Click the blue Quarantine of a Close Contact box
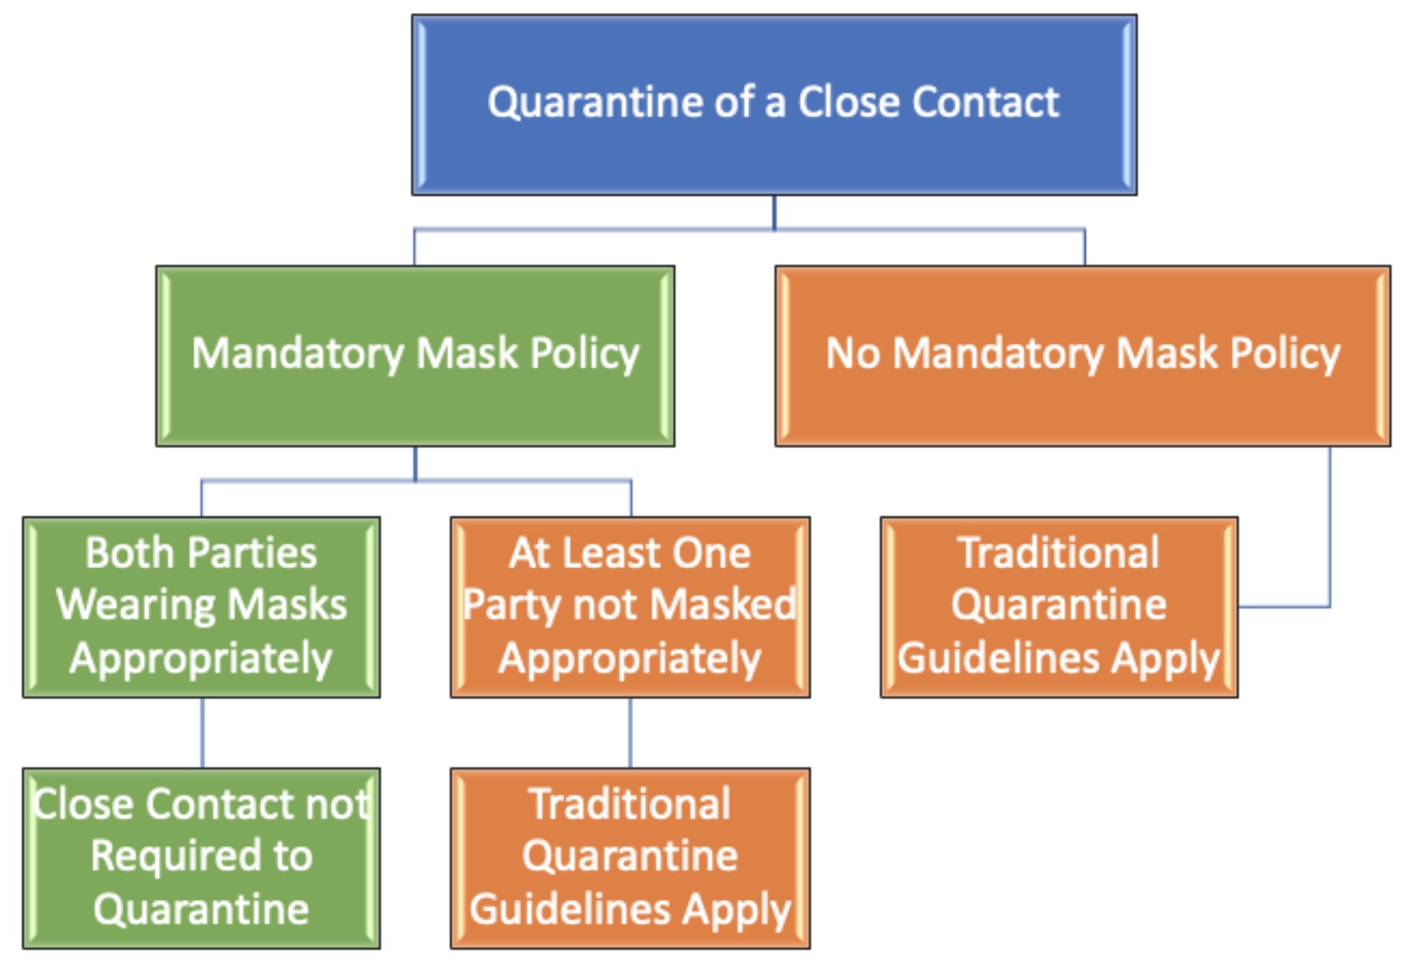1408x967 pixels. tap(774, 105)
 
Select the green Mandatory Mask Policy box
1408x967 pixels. tap(415, 356)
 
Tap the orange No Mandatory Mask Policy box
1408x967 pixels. tap(1083, 356)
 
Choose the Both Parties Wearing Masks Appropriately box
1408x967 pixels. tap(202, 607)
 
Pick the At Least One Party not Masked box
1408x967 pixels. tap(630, 607)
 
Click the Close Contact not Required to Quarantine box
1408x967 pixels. tap(202, 858)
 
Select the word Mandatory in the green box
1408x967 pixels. tap(298, 354)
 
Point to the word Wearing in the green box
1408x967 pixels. tap(134, 607)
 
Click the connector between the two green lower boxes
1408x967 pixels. tap(202, 732)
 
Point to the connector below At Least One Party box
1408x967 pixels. tap(630, 732)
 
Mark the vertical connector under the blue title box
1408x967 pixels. tap(774, 213)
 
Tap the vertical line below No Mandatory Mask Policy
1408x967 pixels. tap(1330, 526)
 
